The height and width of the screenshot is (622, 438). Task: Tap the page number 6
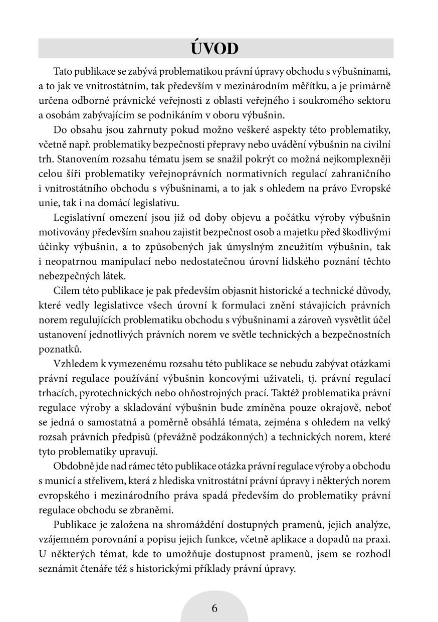click(x=214, y=608)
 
